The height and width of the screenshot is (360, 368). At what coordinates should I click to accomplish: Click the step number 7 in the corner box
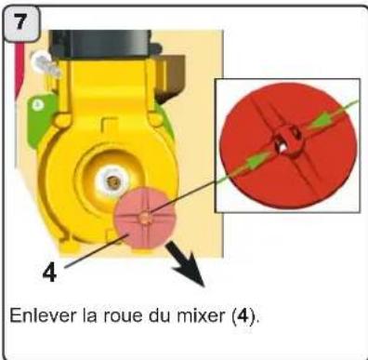pyautogui.click(x=20, y=20)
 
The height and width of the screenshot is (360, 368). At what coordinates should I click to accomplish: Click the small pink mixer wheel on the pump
pyautogui.click(x=139, y=217)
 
